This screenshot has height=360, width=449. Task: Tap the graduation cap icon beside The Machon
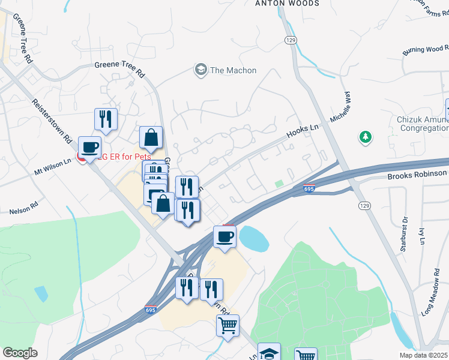point(200,70)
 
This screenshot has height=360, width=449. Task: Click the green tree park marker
point(365,138)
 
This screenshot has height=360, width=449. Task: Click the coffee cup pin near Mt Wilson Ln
point(90,147)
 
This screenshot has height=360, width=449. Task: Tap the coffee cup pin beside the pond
point(225,236)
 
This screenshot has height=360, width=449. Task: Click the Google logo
point(20,353)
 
